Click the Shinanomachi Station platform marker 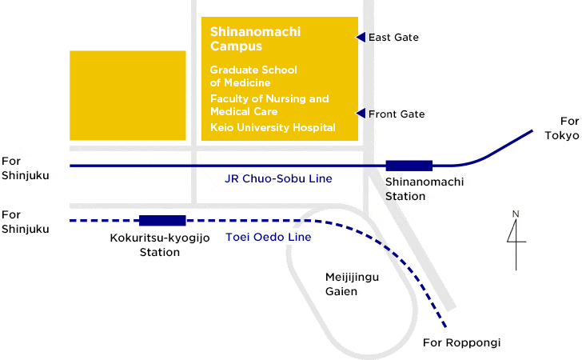point(409,166)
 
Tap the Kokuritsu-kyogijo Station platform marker point(162,221)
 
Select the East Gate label point(393,38)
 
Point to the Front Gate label point(397,114)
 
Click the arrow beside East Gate point(361,37)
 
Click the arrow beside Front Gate point(361,114)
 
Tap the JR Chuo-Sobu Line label point(278,179)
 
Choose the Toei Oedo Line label point(269,237)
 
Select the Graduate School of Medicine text point(253,76)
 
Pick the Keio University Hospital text point(273,127)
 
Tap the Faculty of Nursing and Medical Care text point(269,105)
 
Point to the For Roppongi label point(461,343)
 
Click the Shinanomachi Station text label point(413,189)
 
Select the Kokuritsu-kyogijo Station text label point(160,245)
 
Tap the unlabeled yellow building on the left point(128,96)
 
